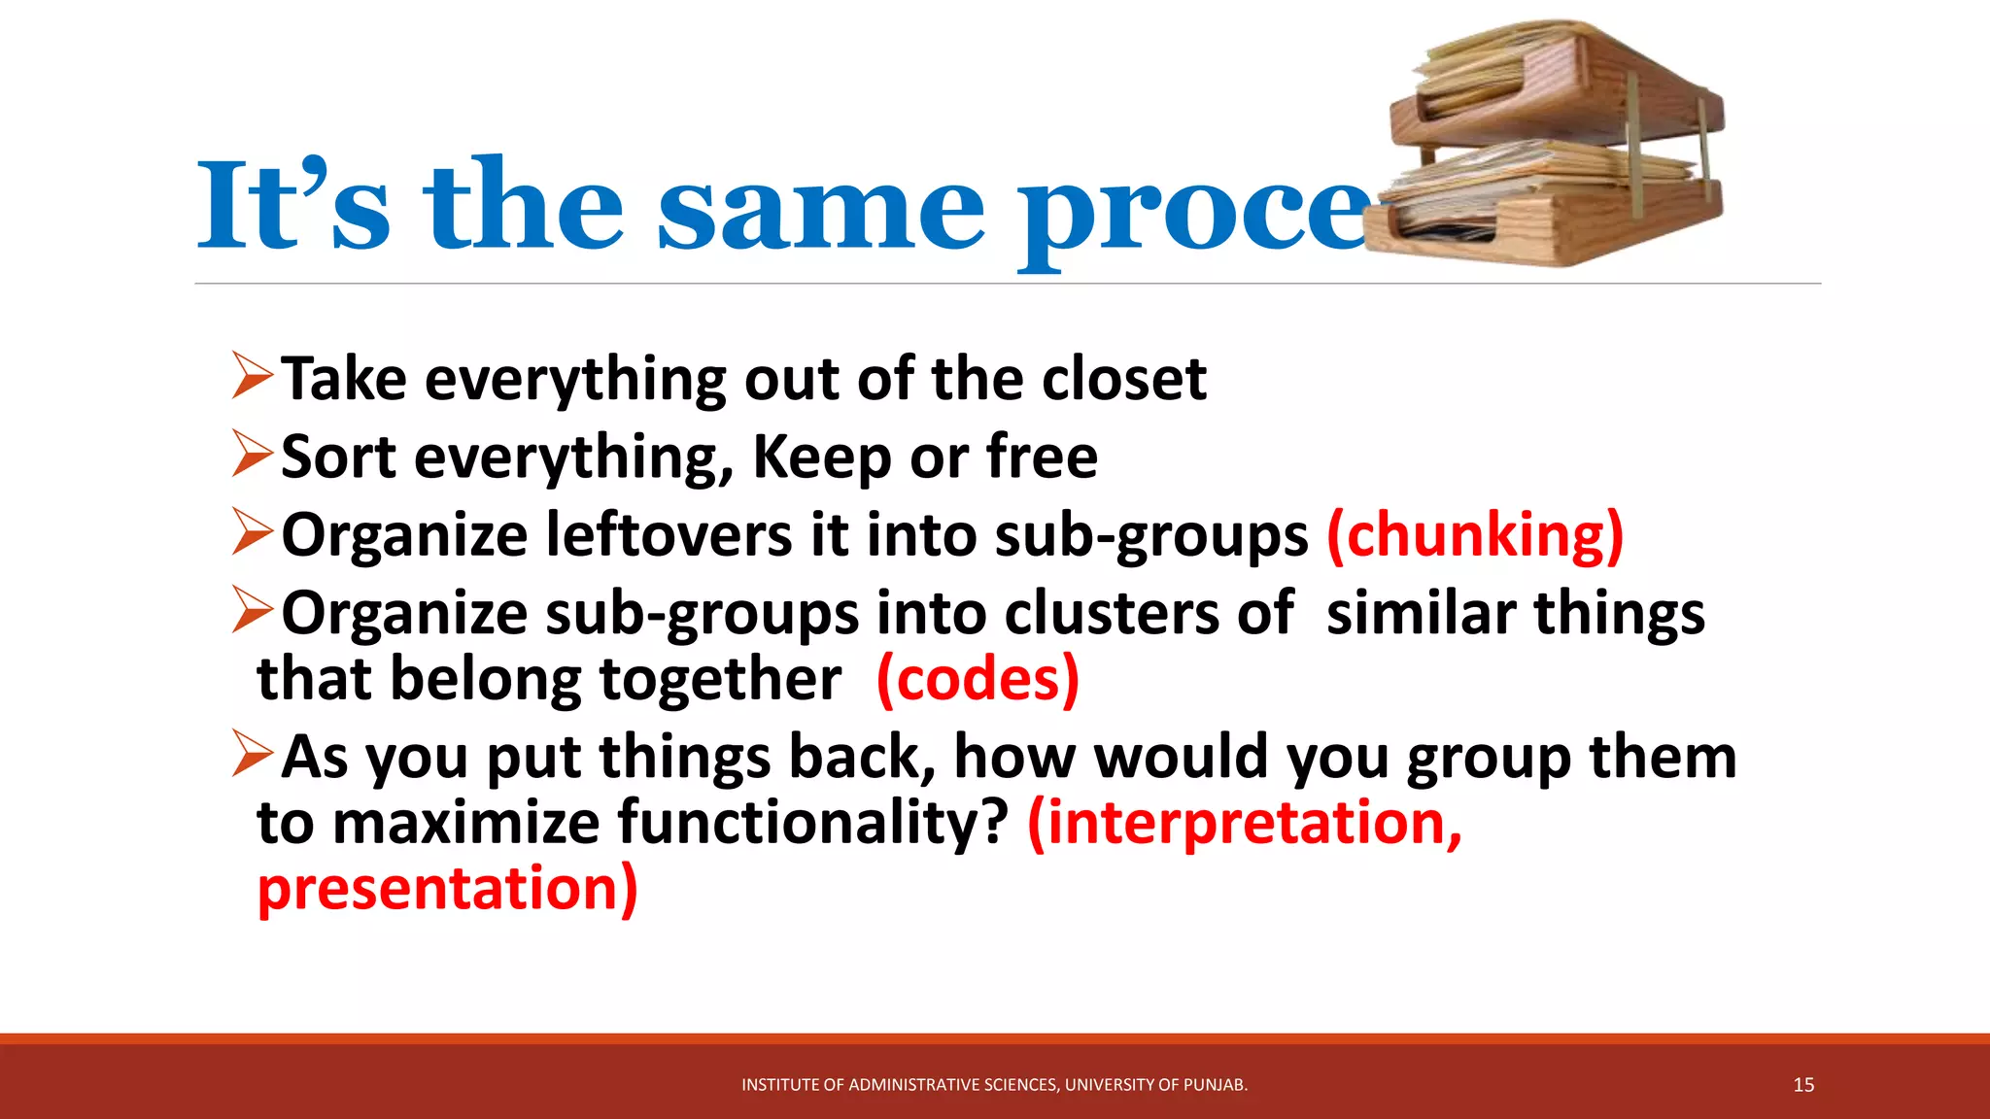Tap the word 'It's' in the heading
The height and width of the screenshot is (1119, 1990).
pyautogui.click(x=292, y=206)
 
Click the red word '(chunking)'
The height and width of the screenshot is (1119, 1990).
pyautogui.click(x=1474, y=535)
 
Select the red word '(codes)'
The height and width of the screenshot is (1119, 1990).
pyautogui.click(x=978, y=679)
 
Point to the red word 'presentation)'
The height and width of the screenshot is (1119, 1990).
pyautogui.click(x=447, y=889)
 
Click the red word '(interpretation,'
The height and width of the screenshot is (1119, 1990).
pyautogui.click(x=1245, y=823)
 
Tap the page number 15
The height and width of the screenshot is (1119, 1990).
pyautogui.click(x=1803, y=1085)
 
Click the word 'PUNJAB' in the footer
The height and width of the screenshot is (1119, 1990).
pyautogui.click(x=1216, y=1085)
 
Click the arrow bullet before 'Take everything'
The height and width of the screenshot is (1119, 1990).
pyautogui.click(x=252, y=376)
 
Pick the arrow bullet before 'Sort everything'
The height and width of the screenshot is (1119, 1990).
pyautogui.click(x=252, y=455)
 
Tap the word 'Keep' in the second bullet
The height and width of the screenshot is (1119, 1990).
pyautogui.click(x=822, y=458)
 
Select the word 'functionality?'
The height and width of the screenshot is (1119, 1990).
pyautogui.click(x=814, y=823)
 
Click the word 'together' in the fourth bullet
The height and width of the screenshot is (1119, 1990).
pyautogui.click(x=720, y=679)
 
